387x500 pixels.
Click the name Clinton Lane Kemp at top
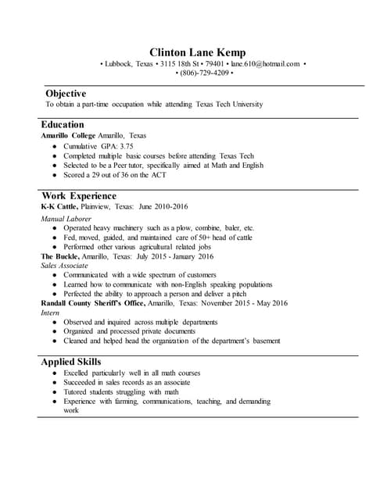pyautogui.click(x=193, y=52)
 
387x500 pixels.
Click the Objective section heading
pyautogui.click(x=66, y=93)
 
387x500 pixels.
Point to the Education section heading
pyautogui.click(x=63, y=124)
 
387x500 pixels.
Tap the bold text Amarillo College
pyautogui.click(x=68, y=135)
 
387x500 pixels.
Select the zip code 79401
pyautogui.click(x=214, y=63)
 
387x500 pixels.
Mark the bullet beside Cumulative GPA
pyautogui.click(x=53, y=146)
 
